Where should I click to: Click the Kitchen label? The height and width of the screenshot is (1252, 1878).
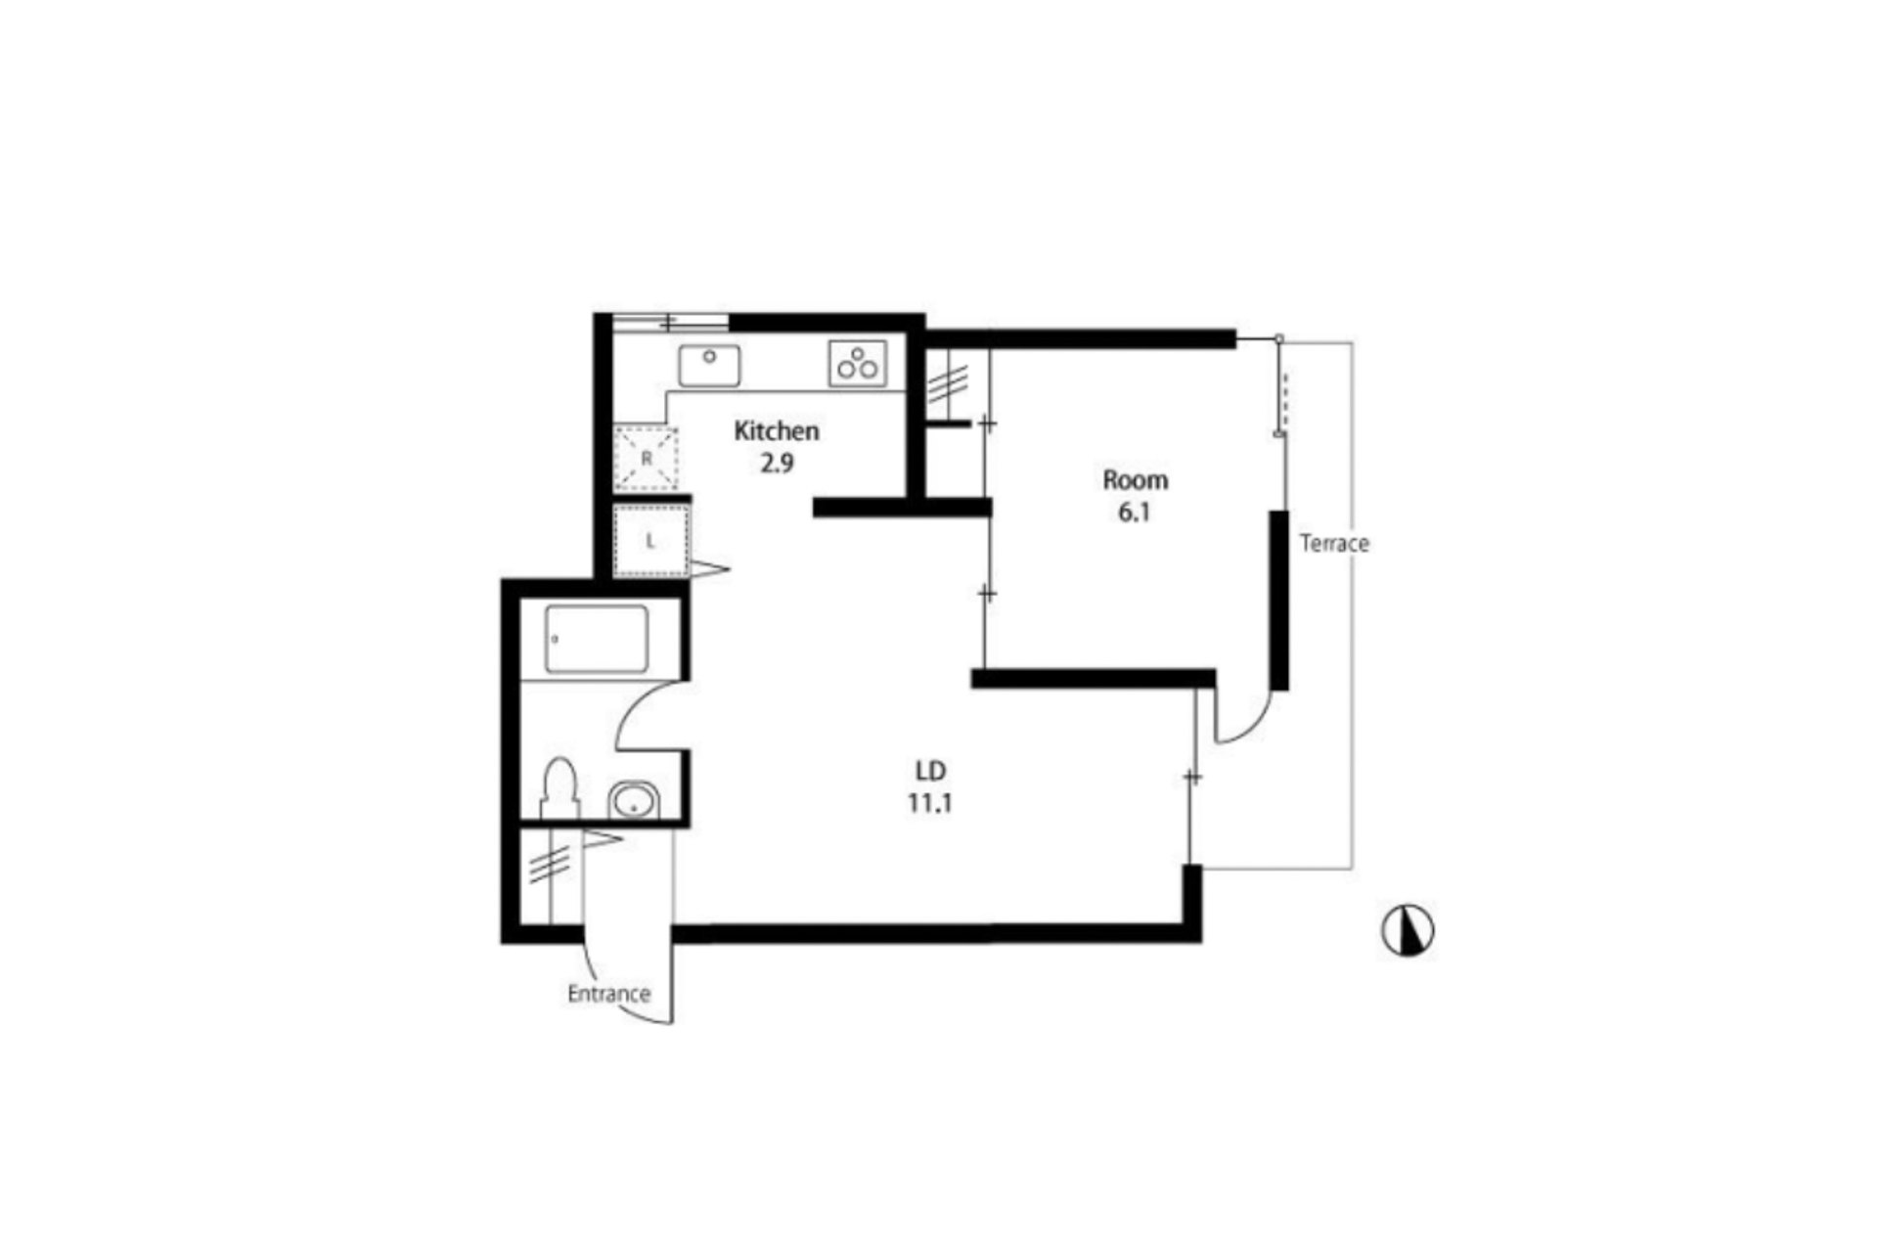777,431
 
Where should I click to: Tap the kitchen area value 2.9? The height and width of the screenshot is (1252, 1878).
777,463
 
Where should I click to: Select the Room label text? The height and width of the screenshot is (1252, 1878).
1135,480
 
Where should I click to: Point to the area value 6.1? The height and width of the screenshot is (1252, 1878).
1135,513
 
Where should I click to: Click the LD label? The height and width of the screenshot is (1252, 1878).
930,771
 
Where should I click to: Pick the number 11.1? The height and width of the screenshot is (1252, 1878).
930,803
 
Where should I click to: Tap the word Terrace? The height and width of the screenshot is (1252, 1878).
1334,543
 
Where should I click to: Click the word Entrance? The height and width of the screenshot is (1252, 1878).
608,994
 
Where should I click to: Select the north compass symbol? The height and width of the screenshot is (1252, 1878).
1408,930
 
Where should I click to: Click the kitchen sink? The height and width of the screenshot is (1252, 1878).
710,366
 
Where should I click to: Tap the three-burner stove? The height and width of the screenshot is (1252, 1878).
858,363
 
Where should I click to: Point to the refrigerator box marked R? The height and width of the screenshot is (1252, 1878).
646,459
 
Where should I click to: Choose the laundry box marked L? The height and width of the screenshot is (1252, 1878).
650,541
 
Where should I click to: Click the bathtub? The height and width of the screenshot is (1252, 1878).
597,639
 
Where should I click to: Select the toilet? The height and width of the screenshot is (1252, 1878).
559,787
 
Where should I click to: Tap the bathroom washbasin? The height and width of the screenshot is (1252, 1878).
634,801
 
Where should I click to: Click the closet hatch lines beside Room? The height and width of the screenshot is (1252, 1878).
948,384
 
